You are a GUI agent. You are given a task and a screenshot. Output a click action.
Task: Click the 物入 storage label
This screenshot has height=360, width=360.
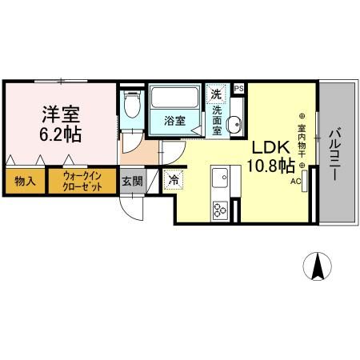(x=24, y=182)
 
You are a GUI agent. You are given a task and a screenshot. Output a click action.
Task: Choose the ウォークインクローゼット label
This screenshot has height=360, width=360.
(x=83, y=182)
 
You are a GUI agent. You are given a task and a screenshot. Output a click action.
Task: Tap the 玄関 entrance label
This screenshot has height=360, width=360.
(x=132, y=182)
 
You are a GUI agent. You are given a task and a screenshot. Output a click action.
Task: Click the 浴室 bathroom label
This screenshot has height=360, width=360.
(x=174, y=122)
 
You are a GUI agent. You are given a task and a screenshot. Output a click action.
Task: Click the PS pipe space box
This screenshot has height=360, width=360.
(x=238, y=89)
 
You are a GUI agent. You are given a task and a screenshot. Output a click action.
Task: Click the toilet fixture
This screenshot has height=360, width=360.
(x=133, y=104)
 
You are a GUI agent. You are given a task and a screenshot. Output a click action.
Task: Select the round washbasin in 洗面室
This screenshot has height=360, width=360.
(x=234, y=124)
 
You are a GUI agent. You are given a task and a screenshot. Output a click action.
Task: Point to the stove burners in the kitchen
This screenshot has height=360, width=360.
(x=219, y=210)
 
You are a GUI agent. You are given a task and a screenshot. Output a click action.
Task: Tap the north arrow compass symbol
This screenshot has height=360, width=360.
(x=320, y=266)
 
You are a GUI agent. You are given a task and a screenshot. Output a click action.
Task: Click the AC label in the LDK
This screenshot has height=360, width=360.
(x=295, y=182)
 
